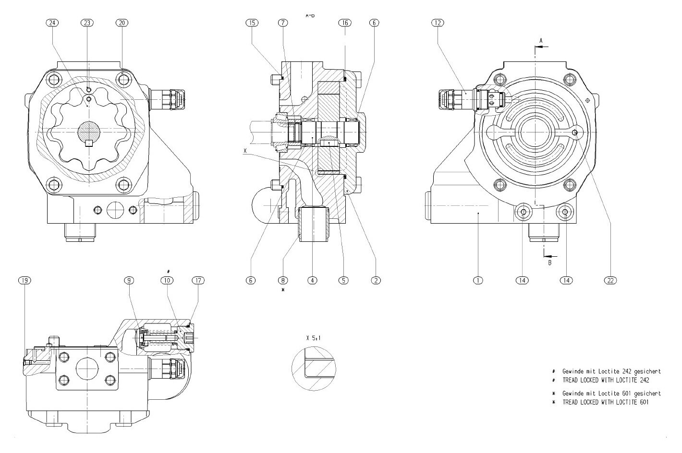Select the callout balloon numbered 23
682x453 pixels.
point(87,23)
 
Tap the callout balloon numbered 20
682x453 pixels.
point(122,23)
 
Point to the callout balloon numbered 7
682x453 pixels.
point(282,23)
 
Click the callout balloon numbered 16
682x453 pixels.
point(345,23)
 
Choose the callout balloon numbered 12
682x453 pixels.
point(438,23)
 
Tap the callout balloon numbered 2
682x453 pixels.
point(375,280)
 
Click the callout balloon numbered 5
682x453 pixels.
point(343,280)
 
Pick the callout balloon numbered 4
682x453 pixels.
point(313,280)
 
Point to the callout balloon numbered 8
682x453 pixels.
point(282,280)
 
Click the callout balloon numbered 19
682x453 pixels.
point(24,280)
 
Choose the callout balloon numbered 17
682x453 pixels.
point(197,280)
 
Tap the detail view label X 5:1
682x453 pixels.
point(313,338)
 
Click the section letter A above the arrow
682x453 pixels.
point(540,40)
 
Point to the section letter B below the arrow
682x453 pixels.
point(550,262)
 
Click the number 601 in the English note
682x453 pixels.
point(643,402)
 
